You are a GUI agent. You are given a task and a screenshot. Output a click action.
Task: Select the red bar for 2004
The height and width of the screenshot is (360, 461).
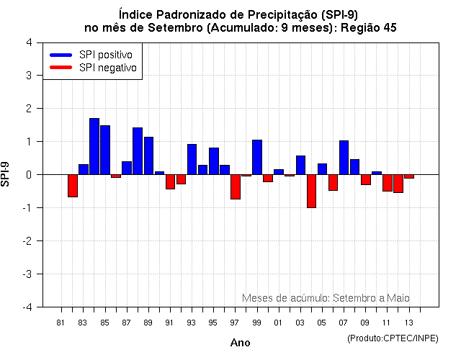click(x=311, y=191)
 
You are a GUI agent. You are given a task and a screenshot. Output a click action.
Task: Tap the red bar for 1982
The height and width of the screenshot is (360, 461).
click(x=73, y=186)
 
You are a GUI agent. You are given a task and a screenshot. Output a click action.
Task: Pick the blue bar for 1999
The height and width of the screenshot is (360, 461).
click(x=257, y=157)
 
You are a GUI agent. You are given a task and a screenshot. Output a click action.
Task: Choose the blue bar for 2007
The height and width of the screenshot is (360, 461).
click(x=344, y=158)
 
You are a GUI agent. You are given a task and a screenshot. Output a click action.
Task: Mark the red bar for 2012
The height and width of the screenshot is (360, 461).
click(x=398, y=184)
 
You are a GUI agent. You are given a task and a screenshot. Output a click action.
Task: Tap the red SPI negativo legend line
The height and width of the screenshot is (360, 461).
click(x=61, y=67)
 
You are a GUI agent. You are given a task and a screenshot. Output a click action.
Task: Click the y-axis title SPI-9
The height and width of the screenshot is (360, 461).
click(x=6, y=174)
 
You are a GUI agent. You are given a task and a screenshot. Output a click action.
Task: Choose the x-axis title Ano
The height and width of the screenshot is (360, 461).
click(x=240, y=343)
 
